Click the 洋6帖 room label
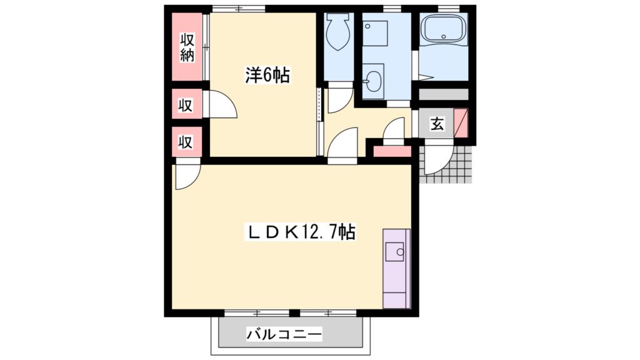pyautogui.click(x=266, y=76)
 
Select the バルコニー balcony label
pyautogui.click(x=284, y=335)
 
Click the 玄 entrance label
pyautogui.click(x=437, y=124)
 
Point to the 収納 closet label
pyautogui.click(x=187, y=46)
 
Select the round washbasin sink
pyautogui.click(x=374, y=79)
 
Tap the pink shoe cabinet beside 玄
pyautogui.click(x=461, y=122)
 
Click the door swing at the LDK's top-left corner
pyautogui.click(x=186, y=175)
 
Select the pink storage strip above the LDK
pyautogui.click(x=392, y=151)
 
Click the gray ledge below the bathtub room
pyautogui.click(x=442, y=94)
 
